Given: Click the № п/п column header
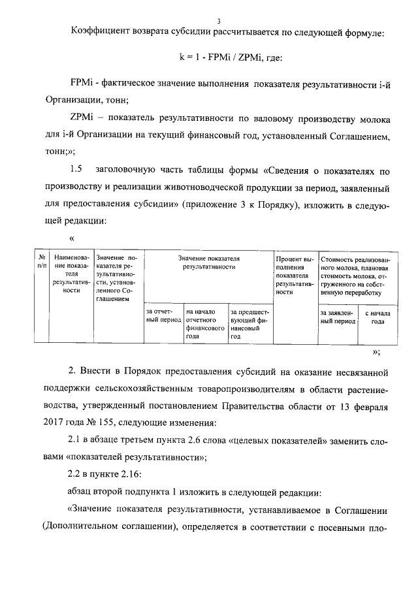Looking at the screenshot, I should (42, 262).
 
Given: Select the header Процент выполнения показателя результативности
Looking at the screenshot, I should (295, 275).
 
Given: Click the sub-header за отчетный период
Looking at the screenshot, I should (163, 317).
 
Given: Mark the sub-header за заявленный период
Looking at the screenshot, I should (337, 317).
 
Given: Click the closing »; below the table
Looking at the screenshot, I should (376, 351).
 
